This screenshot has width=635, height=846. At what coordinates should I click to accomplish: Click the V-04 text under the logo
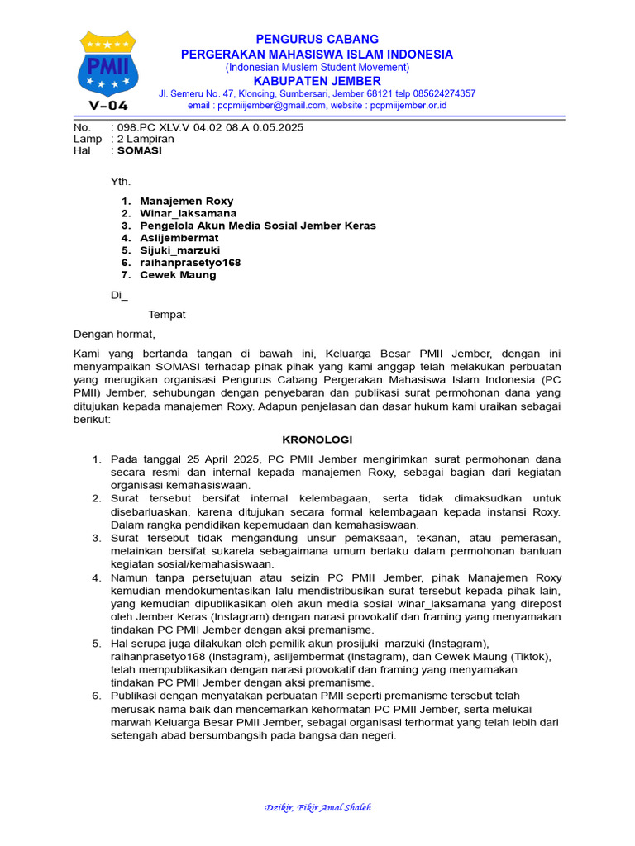(x=107, y=104)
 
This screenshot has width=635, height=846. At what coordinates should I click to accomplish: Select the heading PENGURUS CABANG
(x=317, y=39)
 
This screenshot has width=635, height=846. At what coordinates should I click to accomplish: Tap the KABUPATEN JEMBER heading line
(x=317, y=81)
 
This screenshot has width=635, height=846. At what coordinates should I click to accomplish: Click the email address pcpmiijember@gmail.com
(x=256, y=106)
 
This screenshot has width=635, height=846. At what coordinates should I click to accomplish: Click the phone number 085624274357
(x=439, y=93)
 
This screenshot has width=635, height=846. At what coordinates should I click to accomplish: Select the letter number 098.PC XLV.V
(x=165, y=127)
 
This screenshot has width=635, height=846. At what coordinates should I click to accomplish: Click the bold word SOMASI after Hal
(x=140, y=150)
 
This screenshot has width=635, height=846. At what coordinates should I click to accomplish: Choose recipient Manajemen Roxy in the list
(x=187, y=201)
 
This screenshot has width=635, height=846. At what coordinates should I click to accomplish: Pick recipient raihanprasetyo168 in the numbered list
(x=190, y=263)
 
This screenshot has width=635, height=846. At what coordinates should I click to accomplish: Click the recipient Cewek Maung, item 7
(x=178, y=275)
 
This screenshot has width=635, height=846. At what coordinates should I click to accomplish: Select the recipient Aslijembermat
(x=179, y=238)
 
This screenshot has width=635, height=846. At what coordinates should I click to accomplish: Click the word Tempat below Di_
(x=167, y=315)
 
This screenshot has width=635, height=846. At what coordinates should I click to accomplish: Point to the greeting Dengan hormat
(x=114, y=335)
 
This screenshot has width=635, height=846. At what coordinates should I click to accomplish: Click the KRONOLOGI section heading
(x=317, y=440)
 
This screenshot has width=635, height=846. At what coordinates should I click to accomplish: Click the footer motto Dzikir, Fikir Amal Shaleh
(x=317, y=808)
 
